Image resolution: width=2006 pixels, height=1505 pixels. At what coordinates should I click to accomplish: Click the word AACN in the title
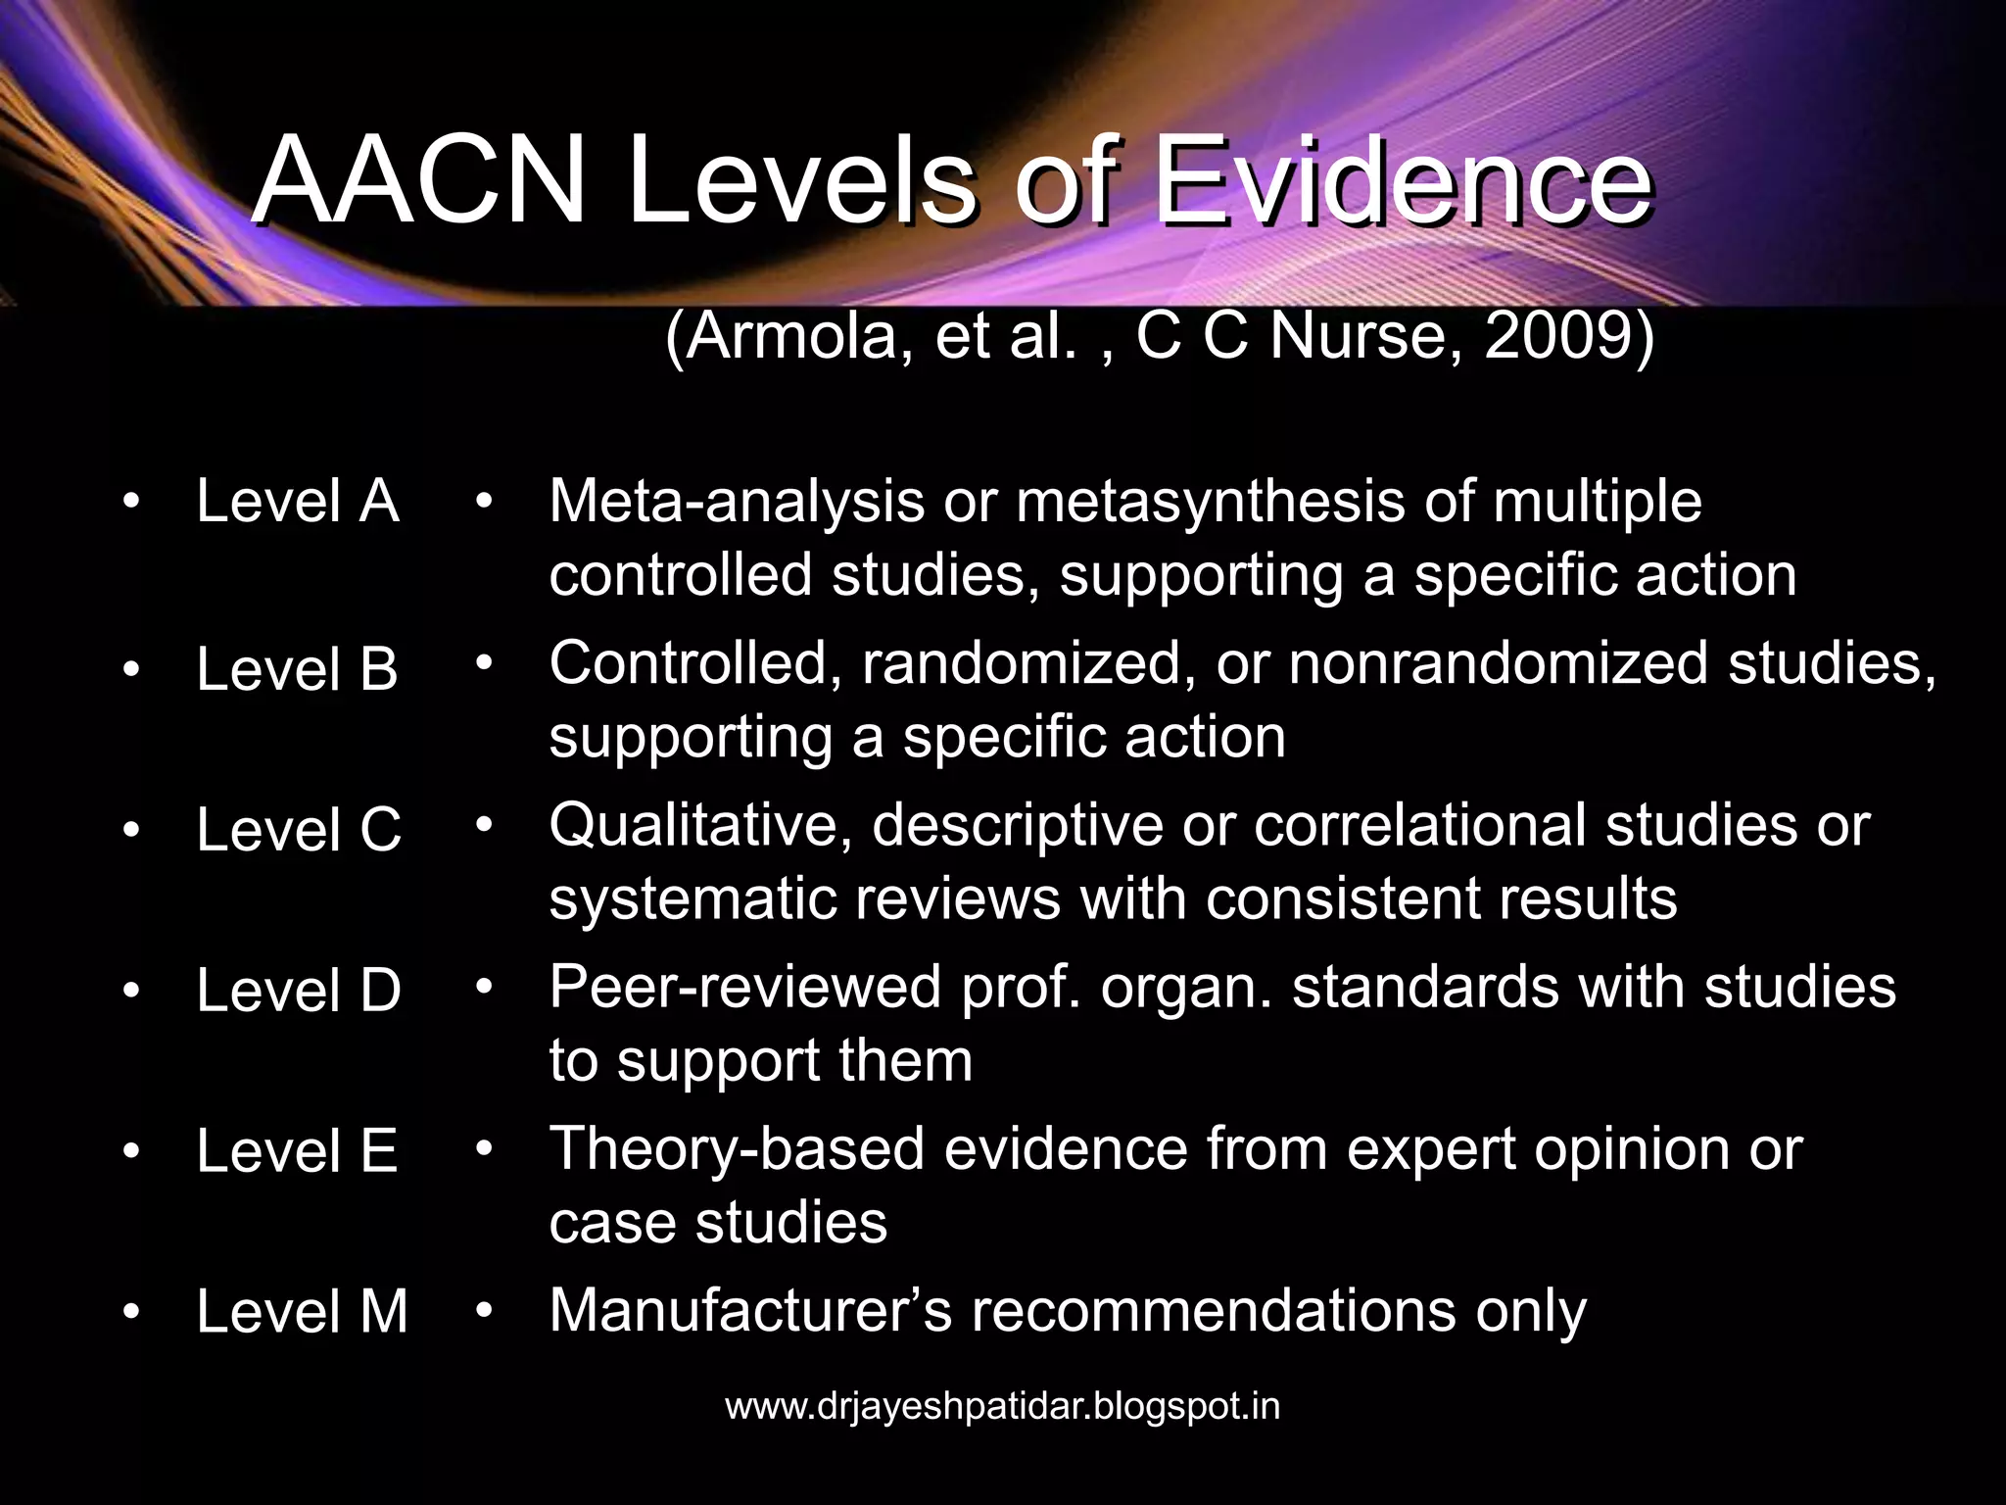(419, 181)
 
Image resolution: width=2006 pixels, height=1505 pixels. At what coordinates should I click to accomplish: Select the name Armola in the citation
(795, 336)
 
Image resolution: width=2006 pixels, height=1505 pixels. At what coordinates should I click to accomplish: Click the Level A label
(298, 501)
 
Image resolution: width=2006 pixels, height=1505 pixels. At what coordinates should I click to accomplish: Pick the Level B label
(298, 669)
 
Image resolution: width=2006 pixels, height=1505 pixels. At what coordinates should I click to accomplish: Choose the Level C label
(299, 830)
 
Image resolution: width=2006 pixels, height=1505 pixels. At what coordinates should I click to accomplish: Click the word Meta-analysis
(737, 502)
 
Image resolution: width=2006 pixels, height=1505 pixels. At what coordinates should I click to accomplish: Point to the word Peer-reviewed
(745, 987)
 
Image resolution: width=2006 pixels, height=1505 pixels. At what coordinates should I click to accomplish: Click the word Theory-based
(737, 1148)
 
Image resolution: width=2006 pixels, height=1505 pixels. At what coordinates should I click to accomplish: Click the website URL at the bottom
(1002, 1406)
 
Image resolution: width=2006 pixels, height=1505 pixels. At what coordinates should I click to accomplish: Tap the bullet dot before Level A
(131, 503)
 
